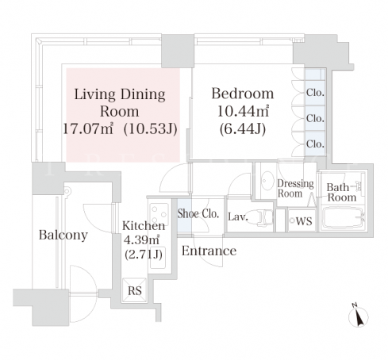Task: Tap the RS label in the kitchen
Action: [x=135, y=290]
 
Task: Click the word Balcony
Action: [x=63, y=235]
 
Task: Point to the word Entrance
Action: [x=209, y=251]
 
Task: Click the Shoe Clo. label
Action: [x=198, y=213]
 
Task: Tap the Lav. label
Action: [x=238, y=216]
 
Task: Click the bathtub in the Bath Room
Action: [x=343, y=217]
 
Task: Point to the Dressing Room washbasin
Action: [x=267, y=181]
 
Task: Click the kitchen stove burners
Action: [x=159, y=213]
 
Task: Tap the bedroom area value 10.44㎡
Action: [x=243, y=111]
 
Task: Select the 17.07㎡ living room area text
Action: [x=88, y=128]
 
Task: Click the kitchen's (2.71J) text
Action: [x=144, y=255]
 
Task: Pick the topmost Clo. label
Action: [x=315, y=93]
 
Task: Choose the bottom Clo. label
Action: [x=315, y=144]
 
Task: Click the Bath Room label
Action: [x=341, y=193]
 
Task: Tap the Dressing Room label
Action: [x=295, y=188]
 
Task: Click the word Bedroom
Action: [x=243, y=94]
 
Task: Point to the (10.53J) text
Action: [x=151, y=129]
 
